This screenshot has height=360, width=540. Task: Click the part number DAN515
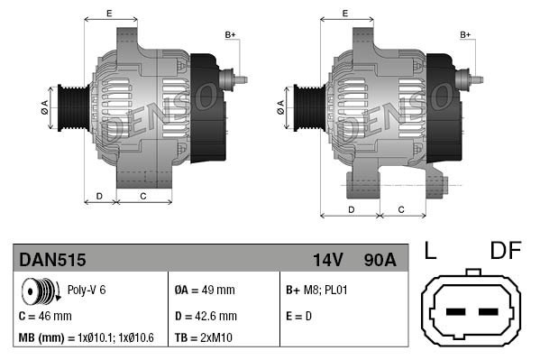point(53,261)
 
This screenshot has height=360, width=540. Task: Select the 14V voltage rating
point(327,261)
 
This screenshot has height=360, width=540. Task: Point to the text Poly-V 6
point(87,291)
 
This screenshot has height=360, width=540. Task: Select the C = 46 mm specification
point(45,316)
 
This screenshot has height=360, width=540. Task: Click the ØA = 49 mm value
point(205,291)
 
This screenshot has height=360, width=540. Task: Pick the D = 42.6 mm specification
point(205,316)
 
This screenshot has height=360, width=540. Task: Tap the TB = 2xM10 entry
point(206,338)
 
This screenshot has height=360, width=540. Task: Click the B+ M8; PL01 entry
point(316,291)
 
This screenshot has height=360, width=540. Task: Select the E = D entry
point(300,316)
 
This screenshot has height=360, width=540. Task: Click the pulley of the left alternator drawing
point(69,108)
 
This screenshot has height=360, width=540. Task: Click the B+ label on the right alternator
point(465,34)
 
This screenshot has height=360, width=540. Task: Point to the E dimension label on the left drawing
point(109,13)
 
